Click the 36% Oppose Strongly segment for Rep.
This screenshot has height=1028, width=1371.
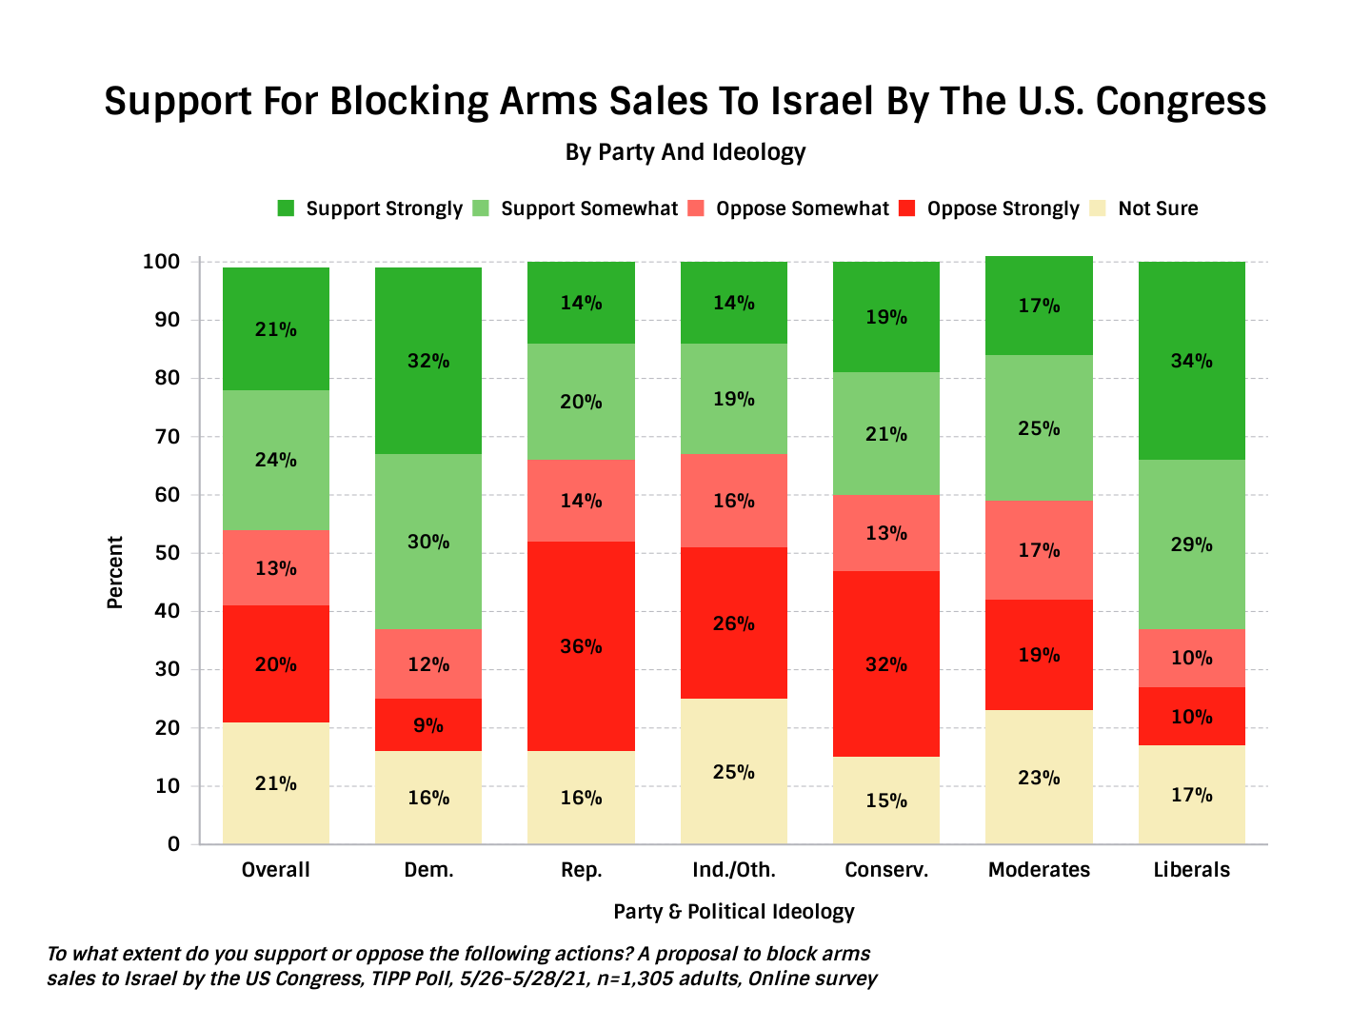(581, 646)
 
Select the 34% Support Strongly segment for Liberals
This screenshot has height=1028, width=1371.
(1191, 361)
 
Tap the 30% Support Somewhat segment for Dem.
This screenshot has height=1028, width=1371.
(428, 542)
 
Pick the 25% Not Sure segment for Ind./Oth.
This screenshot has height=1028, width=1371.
(733, 771)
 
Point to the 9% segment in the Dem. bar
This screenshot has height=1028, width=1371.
(428, 725)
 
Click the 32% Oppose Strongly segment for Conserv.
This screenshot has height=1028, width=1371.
(885, 663)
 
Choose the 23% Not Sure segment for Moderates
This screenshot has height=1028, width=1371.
(1039, 777)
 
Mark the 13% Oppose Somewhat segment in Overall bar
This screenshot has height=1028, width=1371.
(276, 568)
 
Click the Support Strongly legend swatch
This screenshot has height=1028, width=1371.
(286, 208)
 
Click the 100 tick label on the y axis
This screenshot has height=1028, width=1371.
(161, 262)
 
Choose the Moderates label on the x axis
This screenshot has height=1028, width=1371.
(1039, 869)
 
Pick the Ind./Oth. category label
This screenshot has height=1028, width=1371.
(733, 869)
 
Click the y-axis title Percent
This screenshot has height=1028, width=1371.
(115, 572)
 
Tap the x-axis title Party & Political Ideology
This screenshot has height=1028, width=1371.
(733, 911)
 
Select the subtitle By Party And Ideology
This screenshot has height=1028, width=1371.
(685, 152)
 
